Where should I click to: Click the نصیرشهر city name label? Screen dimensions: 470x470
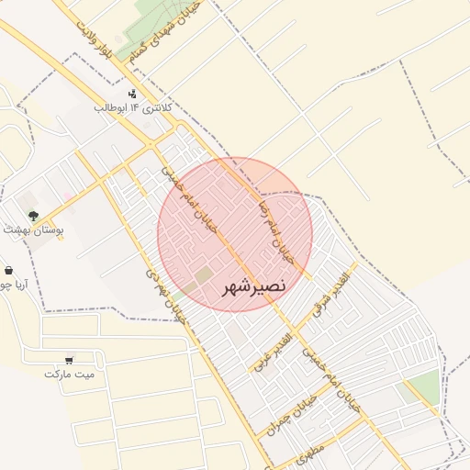click(254, 287)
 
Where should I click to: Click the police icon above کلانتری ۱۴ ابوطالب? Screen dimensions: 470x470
click(132, 94)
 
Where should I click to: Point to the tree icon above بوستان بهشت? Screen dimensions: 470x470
click(34, 215)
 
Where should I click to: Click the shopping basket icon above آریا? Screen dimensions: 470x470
click(8, 271)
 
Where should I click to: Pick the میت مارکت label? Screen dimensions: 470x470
click(69, 374)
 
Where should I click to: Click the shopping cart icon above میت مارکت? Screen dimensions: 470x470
click(70, 360)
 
